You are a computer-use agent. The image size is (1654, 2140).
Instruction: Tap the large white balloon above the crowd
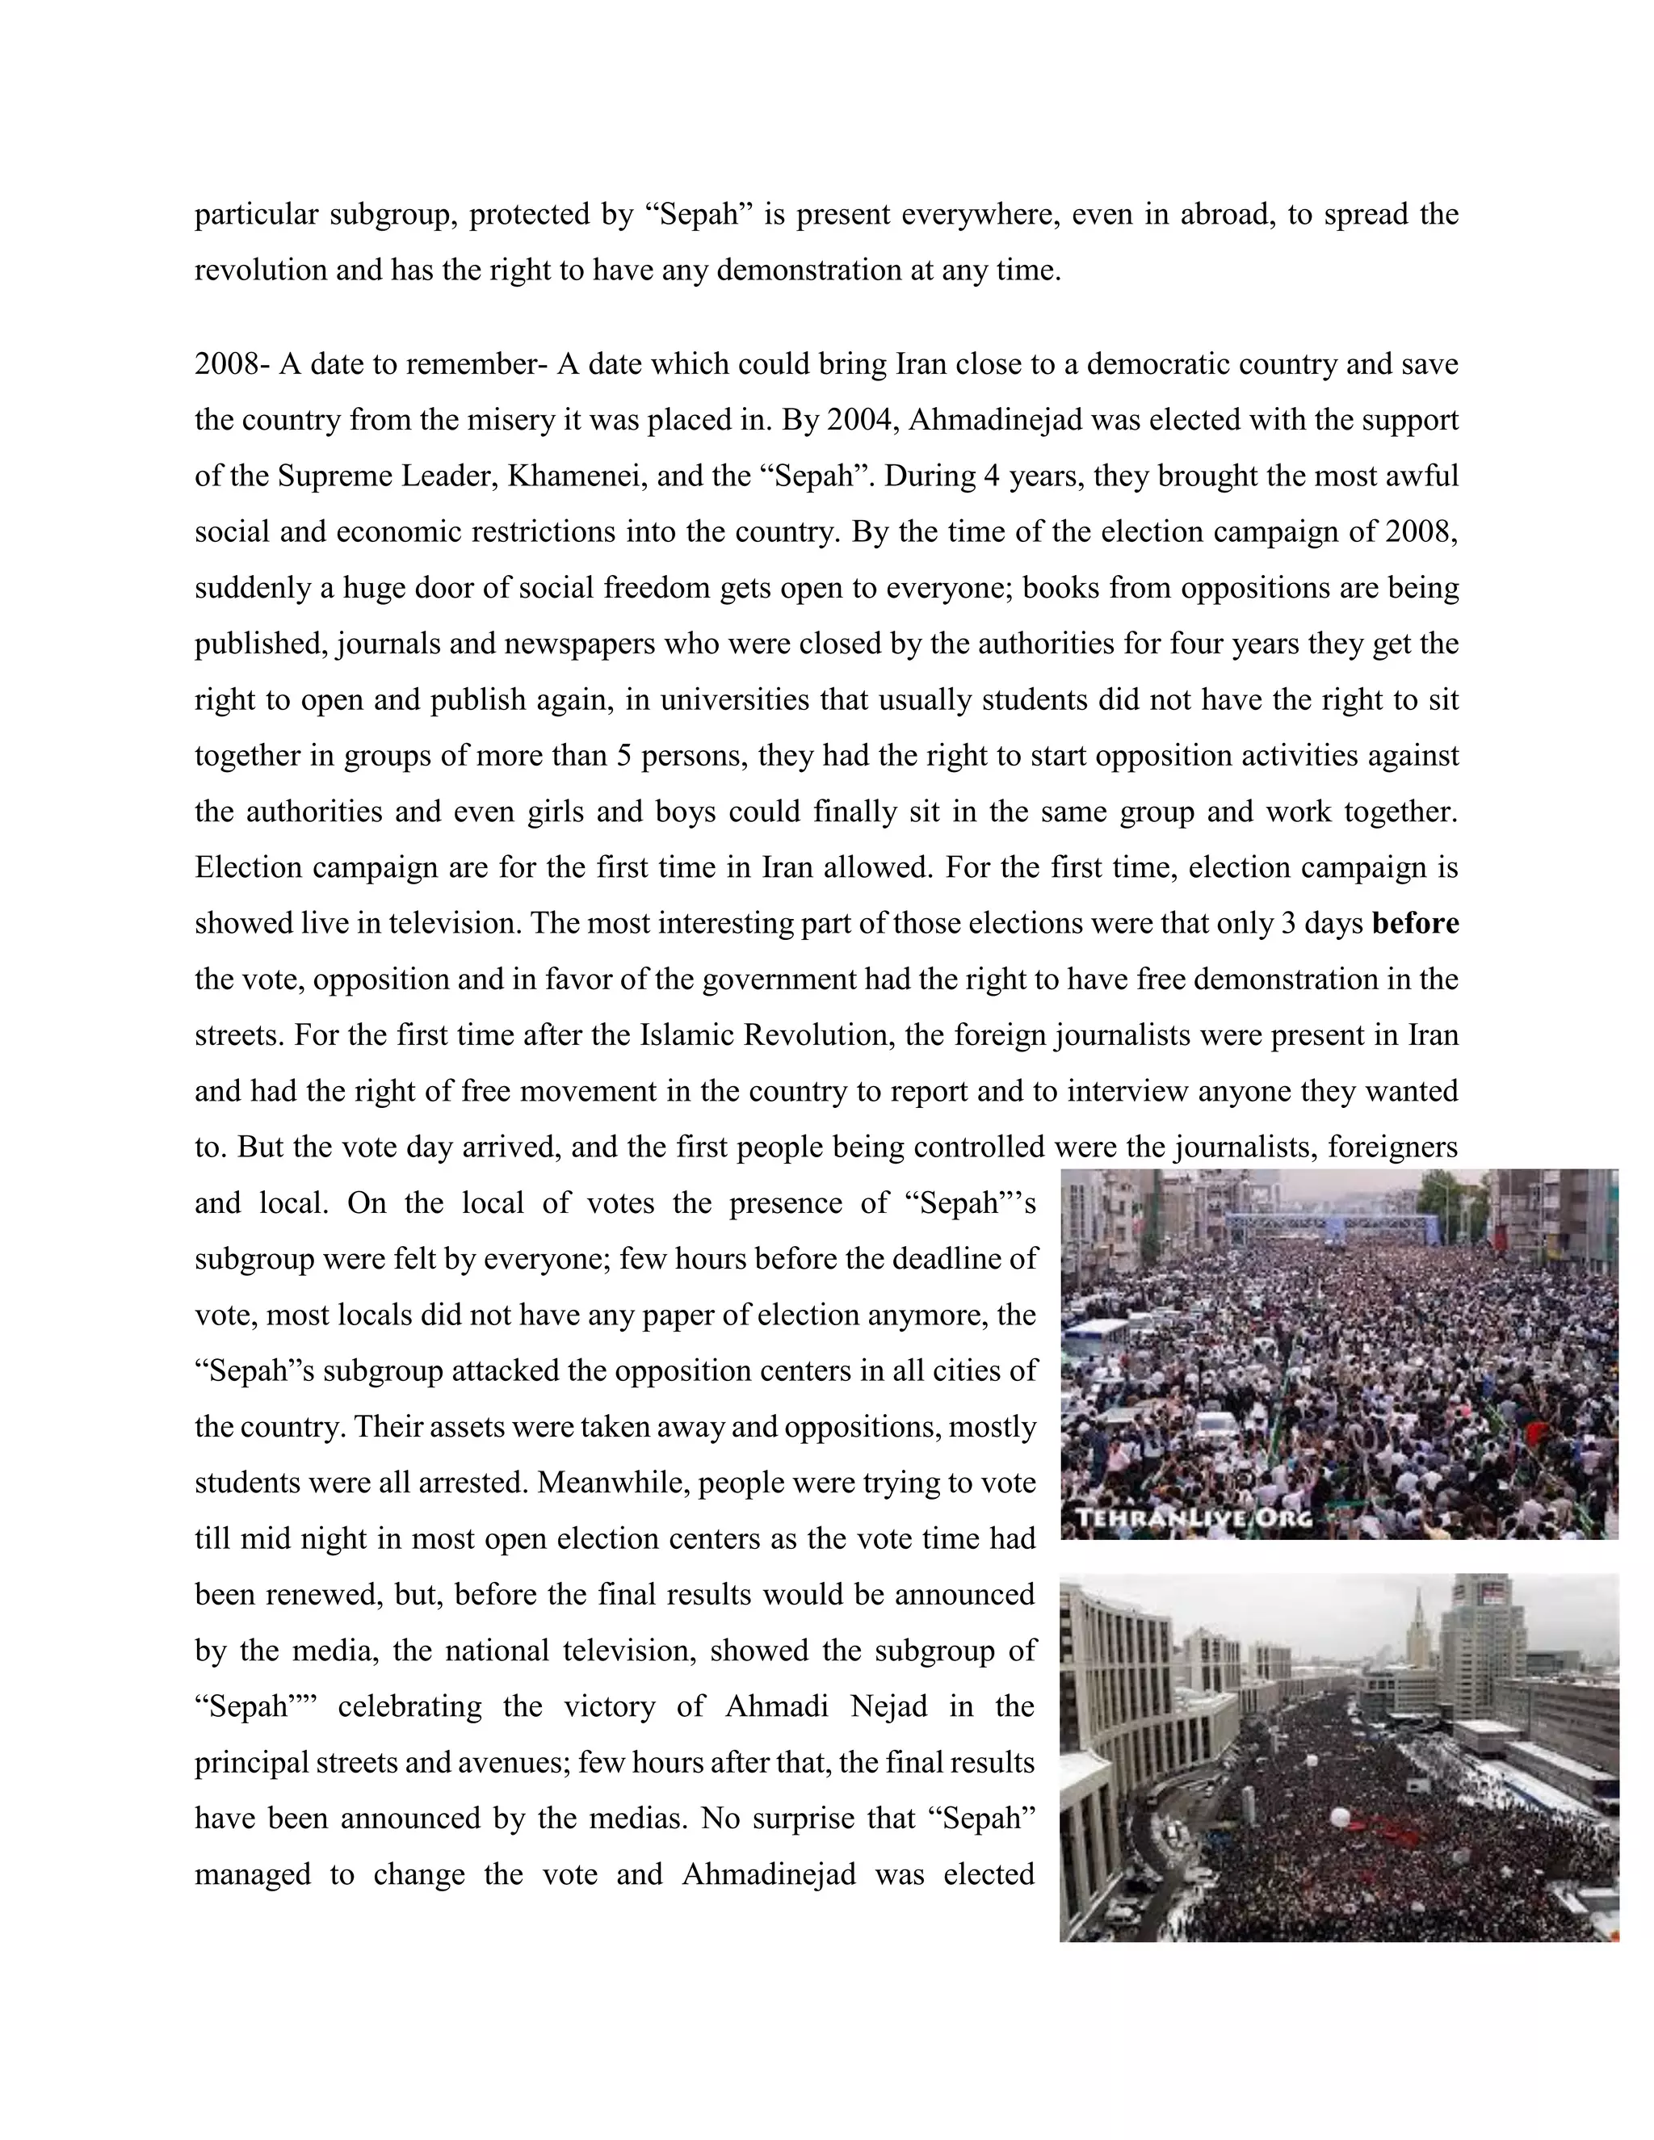1341,1818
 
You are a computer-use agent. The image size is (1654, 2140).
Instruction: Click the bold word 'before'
1415,924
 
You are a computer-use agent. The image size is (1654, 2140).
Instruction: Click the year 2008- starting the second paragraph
233,364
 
